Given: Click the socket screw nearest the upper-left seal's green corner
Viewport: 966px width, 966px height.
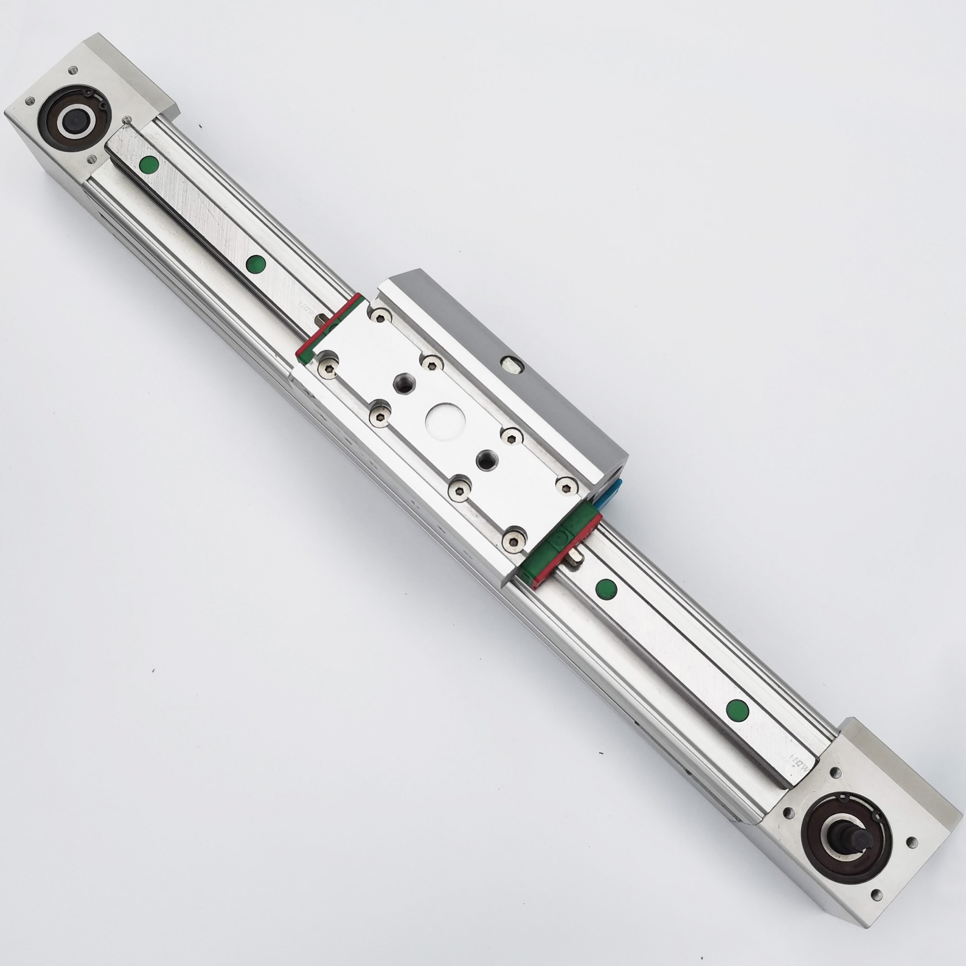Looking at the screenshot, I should click(328, 368).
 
